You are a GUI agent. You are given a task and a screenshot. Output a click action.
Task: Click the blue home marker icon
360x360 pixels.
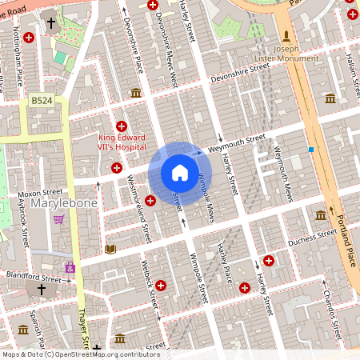180,173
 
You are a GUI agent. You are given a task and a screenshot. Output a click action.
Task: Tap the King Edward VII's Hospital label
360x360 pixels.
122,142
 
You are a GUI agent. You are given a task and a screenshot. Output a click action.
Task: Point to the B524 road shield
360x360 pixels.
40,101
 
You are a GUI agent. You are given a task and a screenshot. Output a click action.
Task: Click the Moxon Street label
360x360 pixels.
41,193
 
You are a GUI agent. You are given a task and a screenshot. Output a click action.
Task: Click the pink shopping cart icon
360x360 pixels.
58,218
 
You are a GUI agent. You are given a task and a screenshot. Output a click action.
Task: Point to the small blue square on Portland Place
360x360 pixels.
311,150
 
